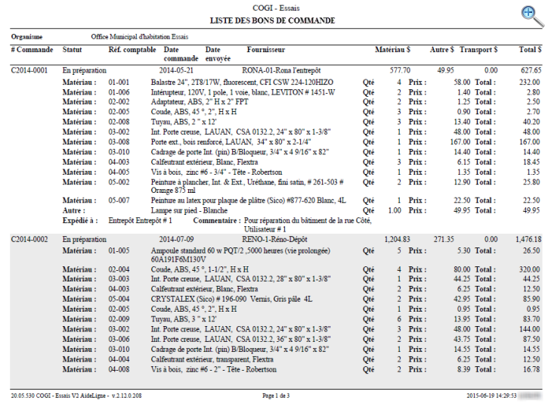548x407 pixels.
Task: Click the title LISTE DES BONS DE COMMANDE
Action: [274, 20]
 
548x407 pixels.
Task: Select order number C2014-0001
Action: [29, 69]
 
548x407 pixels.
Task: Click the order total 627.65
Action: [529, 69]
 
